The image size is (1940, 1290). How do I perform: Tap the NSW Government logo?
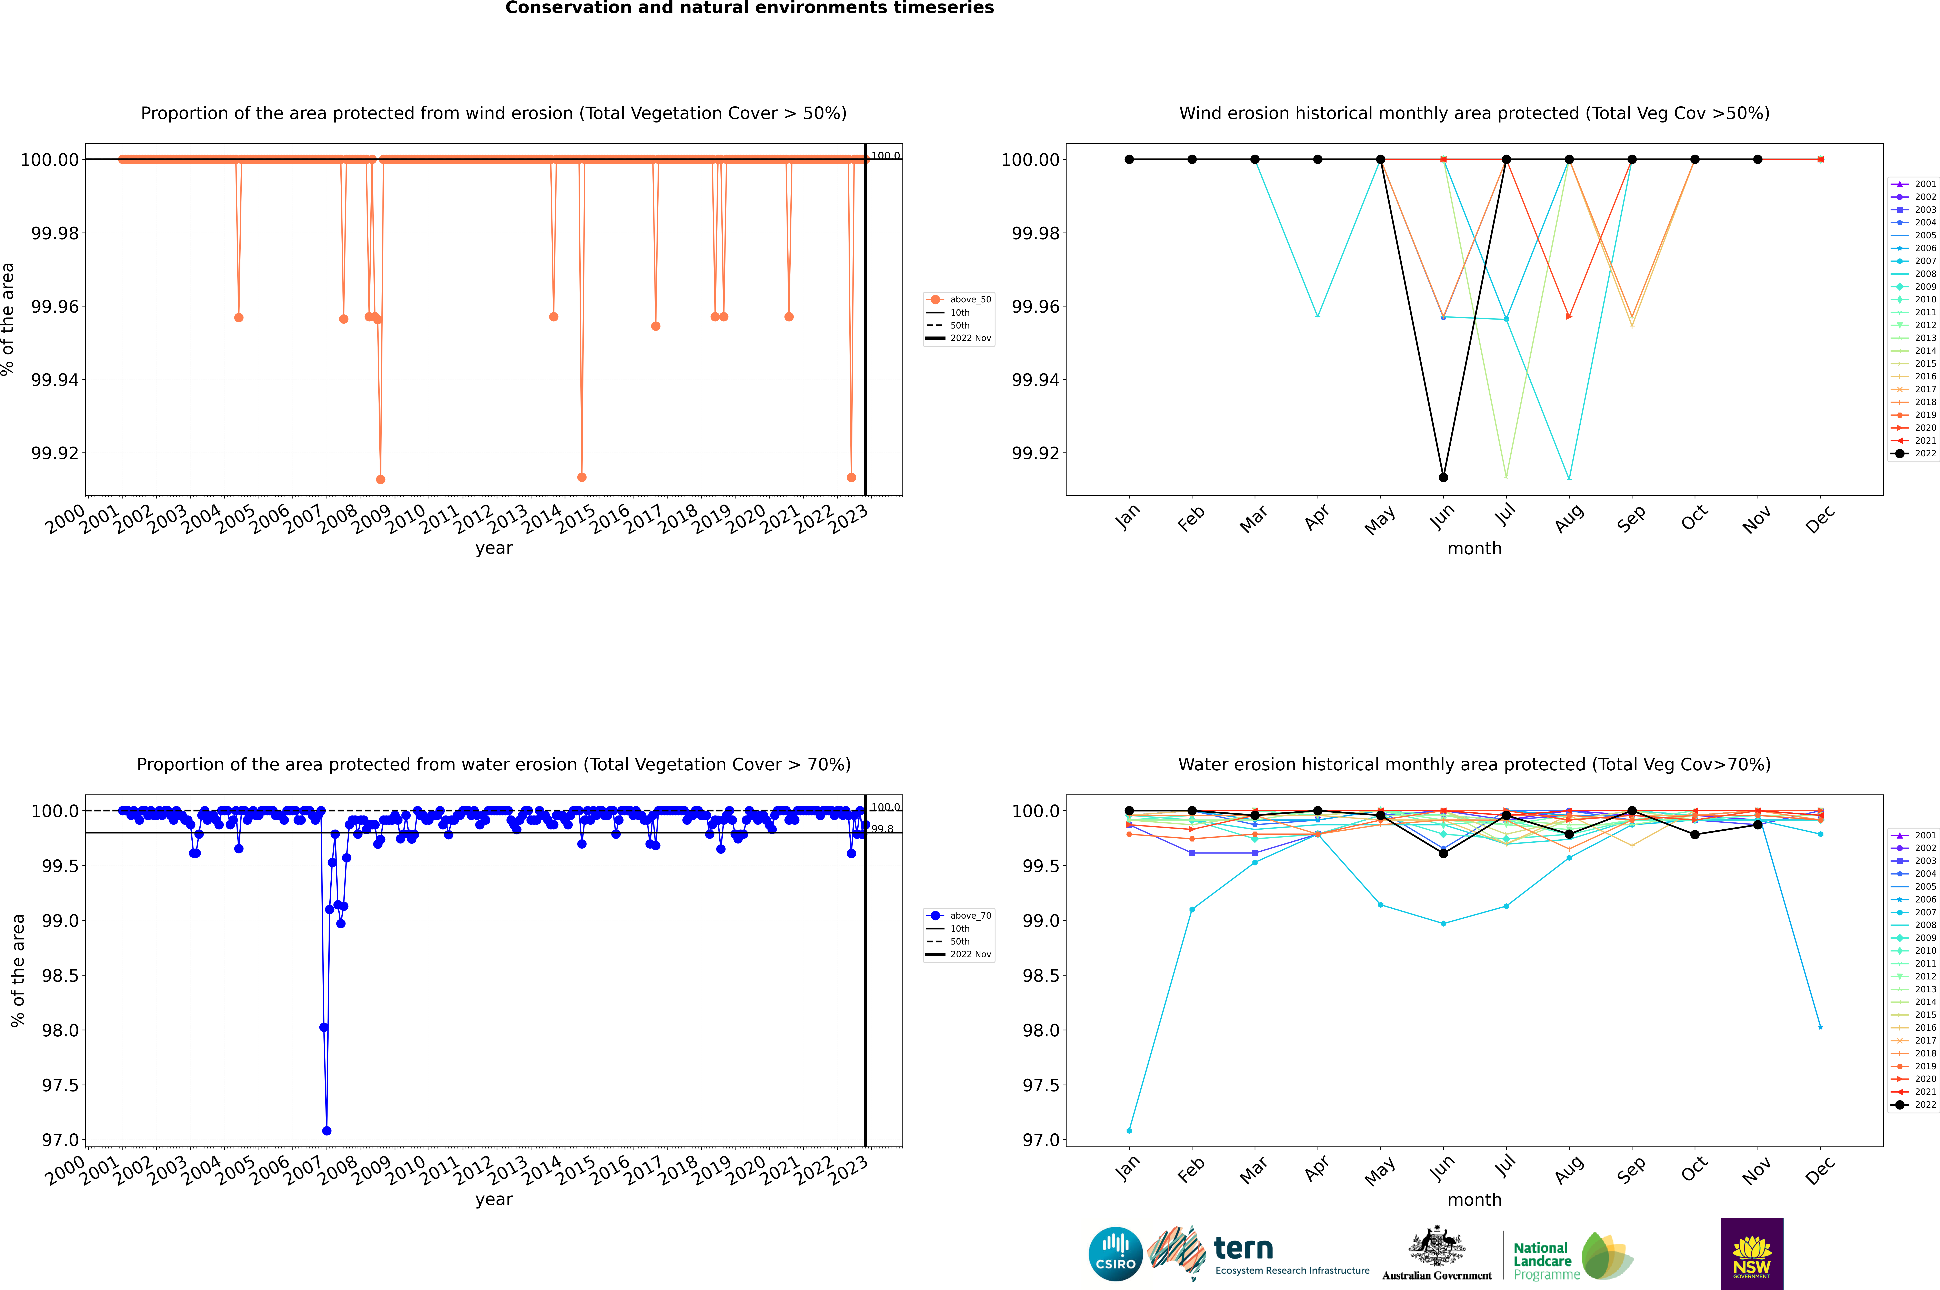coord(1752,1254)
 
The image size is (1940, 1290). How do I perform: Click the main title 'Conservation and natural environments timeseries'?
coord(749,8)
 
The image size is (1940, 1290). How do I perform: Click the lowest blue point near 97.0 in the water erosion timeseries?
coord(327,1130)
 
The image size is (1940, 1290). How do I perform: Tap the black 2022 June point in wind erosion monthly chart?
coord(1443,477)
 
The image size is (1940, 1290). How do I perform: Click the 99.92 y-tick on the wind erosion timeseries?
coord(55,453)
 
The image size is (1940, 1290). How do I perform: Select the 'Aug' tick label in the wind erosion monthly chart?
coord(1569,518)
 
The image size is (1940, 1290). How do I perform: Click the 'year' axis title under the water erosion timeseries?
coord(493,1200)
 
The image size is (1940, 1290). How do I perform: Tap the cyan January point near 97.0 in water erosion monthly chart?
coord(1129,1130)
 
